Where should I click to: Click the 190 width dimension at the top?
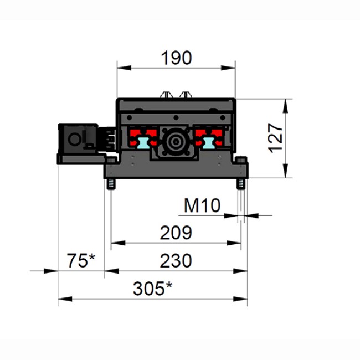tap(176, 58)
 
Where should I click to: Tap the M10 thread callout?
tap(202, 206)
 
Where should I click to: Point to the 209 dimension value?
tap(176, 233)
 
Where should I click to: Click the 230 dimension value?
tap(176, 260)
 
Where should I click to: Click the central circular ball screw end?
tap(176, 142)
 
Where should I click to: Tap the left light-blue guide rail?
tap(142, 142)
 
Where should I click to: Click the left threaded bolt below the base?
tap(111, 183)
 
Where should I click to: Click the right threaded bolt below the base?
tap(241, 183)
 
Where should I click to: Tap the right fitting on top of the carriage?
tap(186, 94)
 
